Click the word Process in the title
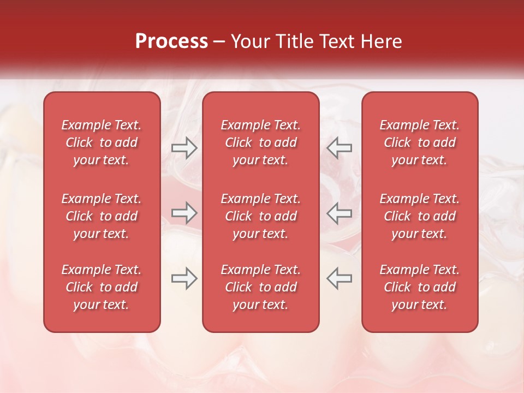pyautogui.click(x=171, y=41)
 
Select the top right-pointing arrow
pyautogui.click(x=184, y=148)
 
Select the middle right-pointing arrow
pyautogui.click(x=184, y=213)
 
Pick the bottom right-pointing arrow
pyautogui.click(x=184, y=278)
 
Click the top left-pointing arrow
pyautogui.click(x=339, y=148)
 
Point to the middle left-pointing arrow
pyautogui.click(x=339, y=213)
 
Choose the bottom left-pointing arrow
pyautogui.click(x=339, y=278)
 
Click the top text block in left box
pyautogui.click(x=102, y=142)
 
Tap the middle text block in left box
pyautogui.click(x=102, y=216)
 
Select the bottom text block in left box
pyautogui.click(x=102, y=287)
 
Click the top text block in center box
pyautogui.click(x=260, y=142)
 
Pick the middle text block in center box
pyautogui.click(x=260, y=216)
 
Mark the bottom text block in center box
pyautogui.click(x=260, y=287)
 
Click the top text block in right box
pyautogui.click(x=420, y=142)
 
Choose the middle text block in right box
pyautogui.click(x=420, y=216)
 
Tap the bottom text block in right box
pyautogui.click(x=420, y=287)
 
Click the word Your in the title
pyautogui.click(x=248, y=41)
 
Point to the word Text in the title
pyautogui.click(x=335, y=41)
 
